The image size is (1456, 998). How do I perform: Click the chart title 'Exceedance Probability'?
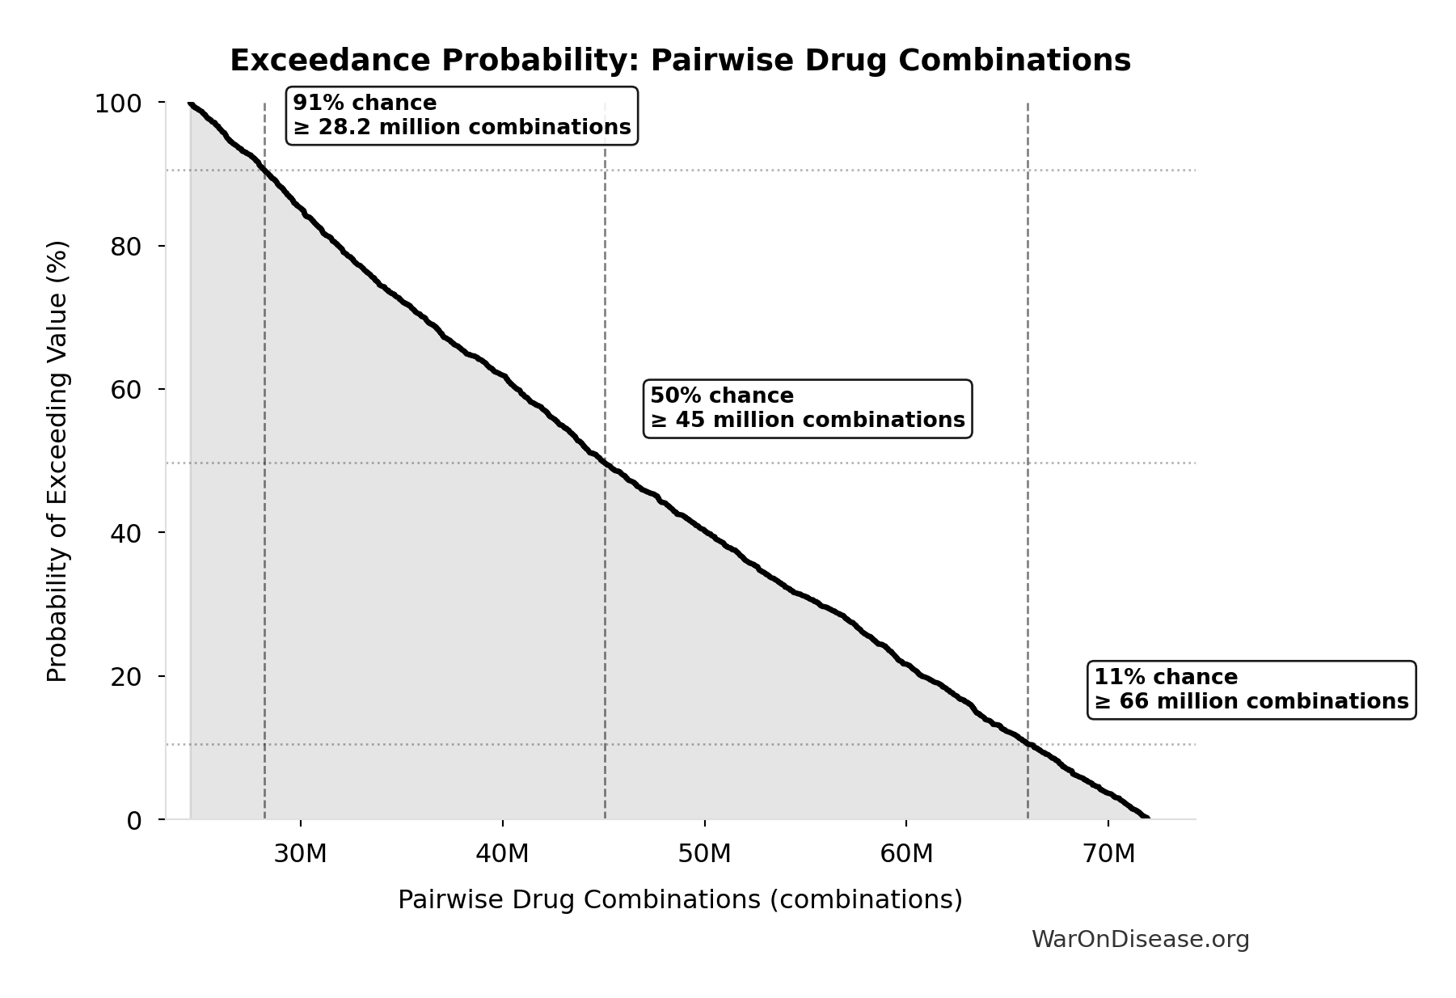coord(680,61)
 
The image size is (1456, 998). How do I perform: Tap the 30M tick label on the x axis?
coord(300,854)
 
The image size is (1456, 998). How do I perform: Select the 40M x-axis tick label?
coord(502,854)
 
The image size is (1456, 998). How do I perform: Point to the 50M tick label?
coord(704,854)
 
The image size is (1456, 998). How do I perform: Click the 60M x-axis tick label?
coord(906,854)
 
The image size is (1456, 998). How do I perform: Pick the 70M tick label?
coord(1108,854)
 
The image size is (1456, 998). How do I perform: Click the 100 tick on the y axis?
coord(118,104)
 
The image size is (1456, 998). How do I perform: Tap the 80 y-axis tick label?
coord(126,247)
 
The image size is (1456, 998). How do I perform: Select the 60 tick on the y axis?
coord(126,390)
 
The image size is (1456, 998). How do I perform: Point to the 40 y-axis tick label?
coord(126,533)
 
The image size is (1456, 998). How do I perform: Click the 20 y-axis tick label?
coord(126,676)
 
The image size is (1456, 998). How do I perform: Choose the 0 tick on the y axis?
coord(134,820)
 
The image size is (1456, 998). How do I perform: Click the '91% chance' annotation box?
coord(462,116)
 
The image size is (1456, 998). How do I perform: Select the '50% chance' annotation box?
coord(807,408)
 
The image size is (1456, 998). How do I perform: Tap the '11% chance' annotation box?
coord(1251,690)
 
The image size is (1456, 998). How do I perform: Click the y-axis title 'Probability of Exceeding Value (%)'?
coord(57,461)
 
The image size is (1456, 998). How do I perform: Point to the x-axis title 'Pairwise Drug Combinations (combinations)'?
coord(680,900)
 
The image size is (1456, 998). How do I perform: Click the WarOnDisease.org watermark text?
coord(1140,940)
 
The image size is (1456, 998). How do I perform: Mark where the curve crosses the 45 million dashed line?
coord(605,462)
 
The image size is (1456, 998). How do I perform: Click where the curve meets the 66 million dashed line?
coord(1028,743)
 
